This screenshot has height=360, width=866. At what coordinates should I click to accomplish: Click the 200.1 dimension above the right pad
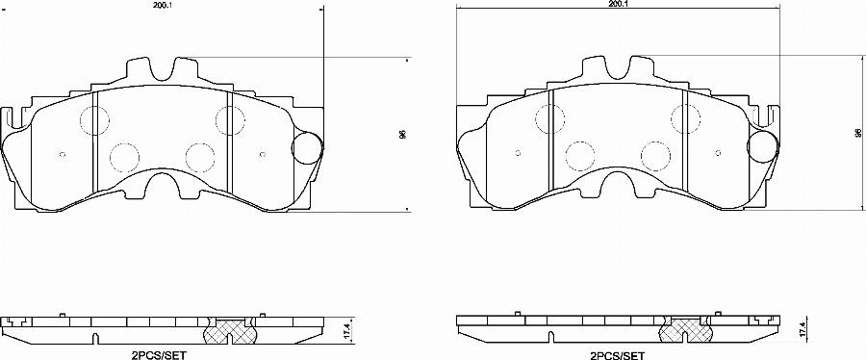pos(619,5)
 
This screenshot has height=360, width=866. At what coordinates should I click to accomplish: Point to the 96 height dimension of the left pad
pos(402,134)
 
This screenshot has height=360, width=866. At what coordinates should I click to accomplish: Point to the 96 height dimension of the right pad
pos(857,134)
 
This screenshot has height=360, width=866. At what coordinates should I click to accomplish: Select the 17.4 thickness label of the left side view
pos(347,329)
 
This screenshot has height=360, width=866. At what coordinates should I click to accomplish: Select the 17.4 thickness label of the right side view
pos(802,329)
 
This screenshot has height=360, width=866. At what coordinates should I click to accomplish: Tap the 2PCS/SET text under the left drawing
pos(159,354)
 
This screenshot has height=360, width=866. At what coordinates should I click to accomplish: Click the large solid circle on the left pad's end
pos(306,147)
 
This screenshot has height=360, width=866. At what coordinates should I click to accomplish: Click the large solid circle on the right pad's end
pos(762,147)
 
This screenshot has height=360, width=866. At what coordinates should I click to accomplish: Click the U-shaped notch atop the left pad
pos(162,69)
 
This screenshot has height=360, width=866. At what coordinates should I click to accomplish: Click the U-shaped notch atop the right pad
pos(618,69)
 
